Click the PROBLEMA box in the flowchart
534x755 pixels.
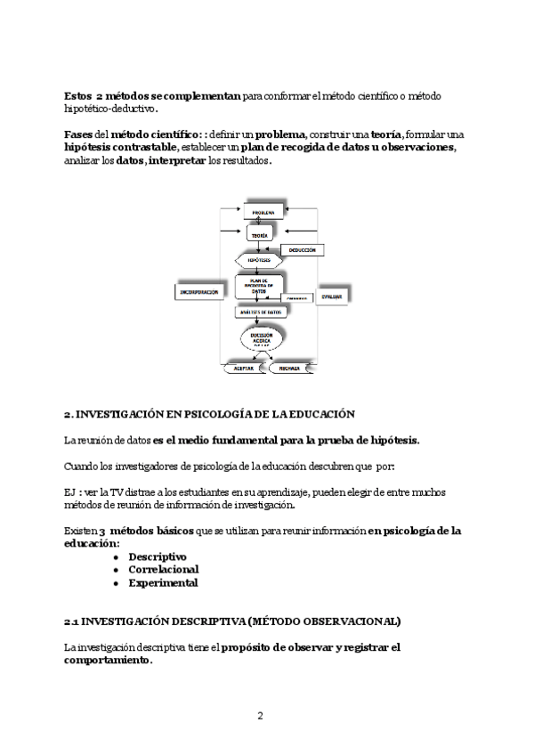(x=263, y=212)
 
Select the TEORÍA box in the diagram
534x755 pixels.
(x=259, y=234)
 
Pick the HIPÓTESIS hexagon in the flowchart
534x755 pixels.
(x=259, y=260)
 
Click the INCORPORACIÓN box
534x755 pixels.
(x=199, y=291)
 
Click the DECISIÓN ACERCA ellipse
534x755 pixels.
(x=261, y=339)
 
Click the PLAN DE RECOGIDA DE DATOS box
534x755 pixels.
(x=259, y=286)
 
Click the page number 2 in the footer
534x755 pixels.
(x=260, y=716)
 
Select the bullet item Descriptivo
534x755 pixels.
(x=158, y=556)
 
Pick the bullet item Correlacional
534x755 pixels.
(x=163, y=570)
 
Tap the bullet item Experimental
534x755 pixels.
(x=163, y=583)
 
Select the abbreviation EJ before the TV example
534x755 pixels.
(x=70, y=491)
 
